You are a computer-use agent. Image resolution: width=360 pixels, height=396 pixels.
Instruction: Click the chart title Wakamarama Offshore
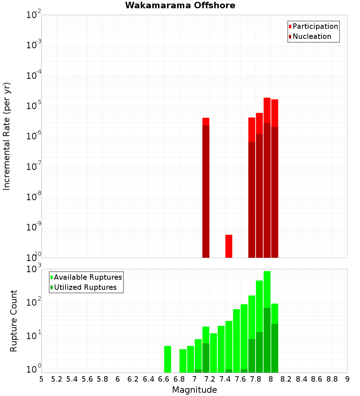click(180, 5)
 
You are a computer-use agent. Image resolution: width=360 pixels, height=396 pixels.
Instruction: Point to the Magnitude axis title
click(194, 390)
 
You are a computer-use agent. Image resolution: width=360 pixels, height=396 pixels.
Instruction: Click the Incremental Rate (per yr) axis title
click(7, 136)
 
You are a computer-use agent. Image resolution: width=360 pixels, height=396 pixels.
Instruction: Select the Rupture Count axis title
click(14, 321)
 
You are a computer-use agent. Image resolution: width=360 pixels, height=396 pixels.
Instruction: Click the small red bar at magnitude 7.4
click(229, 246)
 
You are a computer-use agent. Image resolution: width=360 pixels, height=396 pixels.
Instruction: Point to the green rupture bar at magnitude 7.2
click(213, 353)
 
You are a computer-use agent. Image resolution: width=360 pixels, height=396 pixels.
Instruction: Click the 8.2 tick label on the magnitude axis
click(286, 379)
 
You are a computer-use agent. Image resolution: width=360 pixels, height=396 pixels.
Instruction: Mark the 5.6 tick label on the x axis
click(87, 379)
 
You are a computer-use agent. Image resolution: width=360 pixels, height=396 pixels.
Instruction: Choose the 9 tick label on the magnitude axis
click(347, 379)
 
